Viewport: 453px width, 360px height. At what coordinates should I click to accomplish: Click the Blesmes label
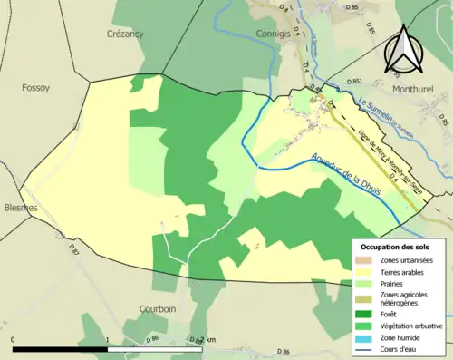[x=20, y=208]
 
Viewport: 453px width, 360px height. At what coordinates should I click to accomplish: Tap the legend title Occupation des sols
[x=396, y=247]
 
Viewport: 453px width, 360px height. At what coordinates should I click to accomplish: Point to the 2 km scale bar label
[x=209, y=340]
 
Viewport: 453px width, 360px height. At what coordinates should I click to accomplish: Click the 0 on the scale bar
[x=14, y=340]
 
